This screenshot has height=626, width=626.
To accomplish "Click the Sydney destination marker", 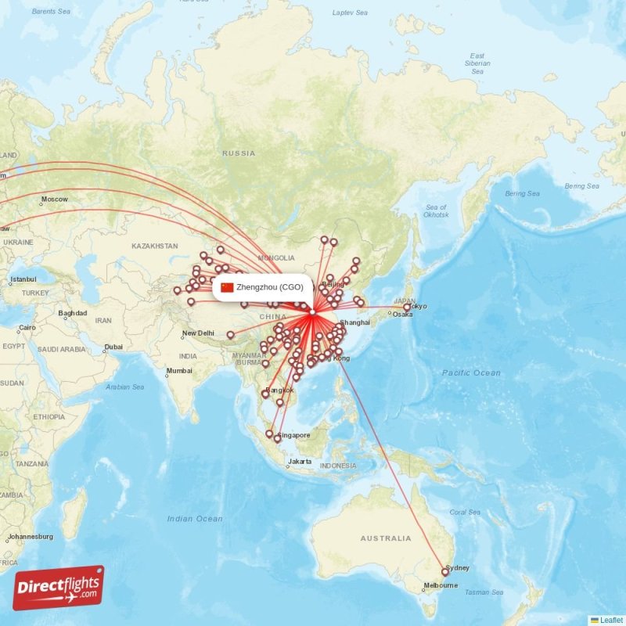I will (x=445, y=572).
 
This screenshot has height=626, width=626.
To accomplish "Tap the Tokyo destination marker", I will (x=407, y=308).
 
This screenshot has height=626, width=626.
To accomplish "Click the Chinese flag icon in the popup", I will (x=227, y=287).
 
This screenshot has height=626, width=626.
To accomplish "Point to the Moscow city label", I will (x=55, y=200).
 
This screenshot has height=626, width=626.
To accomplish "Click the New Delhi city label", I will (x=198, y=333).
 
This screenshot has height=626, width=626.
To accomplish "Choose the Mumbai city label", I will (x=179, y=370).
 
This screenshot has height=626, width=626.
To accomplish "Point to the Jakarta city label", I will (x=300, y=462).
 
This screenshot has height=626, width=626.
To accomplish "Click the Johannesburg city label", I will (x=29, y=537).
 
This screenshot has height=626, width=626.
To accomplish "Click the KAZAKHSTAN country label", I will (x=155, y=246).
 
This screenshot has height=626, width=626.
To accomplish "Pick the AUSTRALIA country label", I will (x=385, y=538).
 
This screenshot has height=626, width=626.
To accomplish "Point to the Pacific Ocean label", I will (x=471, y=373).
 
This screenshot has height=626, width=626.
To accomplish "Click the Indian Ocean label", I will (x=195, y=519).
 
